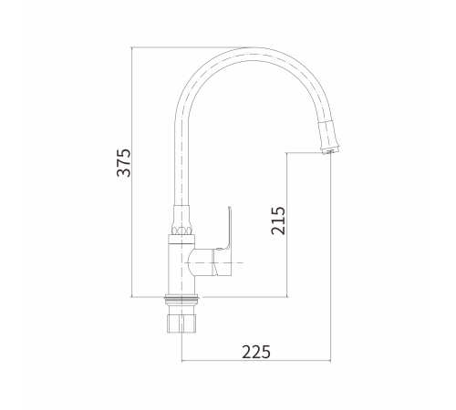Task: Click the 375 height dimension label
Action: tap(124, 163)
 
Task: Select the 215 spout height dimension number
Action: tap(278, 220)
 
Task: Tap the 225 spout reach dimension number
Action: tap(256, 352)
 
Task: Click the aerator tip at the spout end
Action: tap(330, 149)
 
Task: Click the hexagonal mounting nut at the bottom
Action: tap(181, 323)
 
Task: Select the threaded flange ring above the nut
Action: tap(181, 299)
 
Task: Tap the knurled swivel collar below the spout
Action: tap(181, 220)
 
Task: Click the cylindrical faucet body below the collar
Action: tap(181, 270)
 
